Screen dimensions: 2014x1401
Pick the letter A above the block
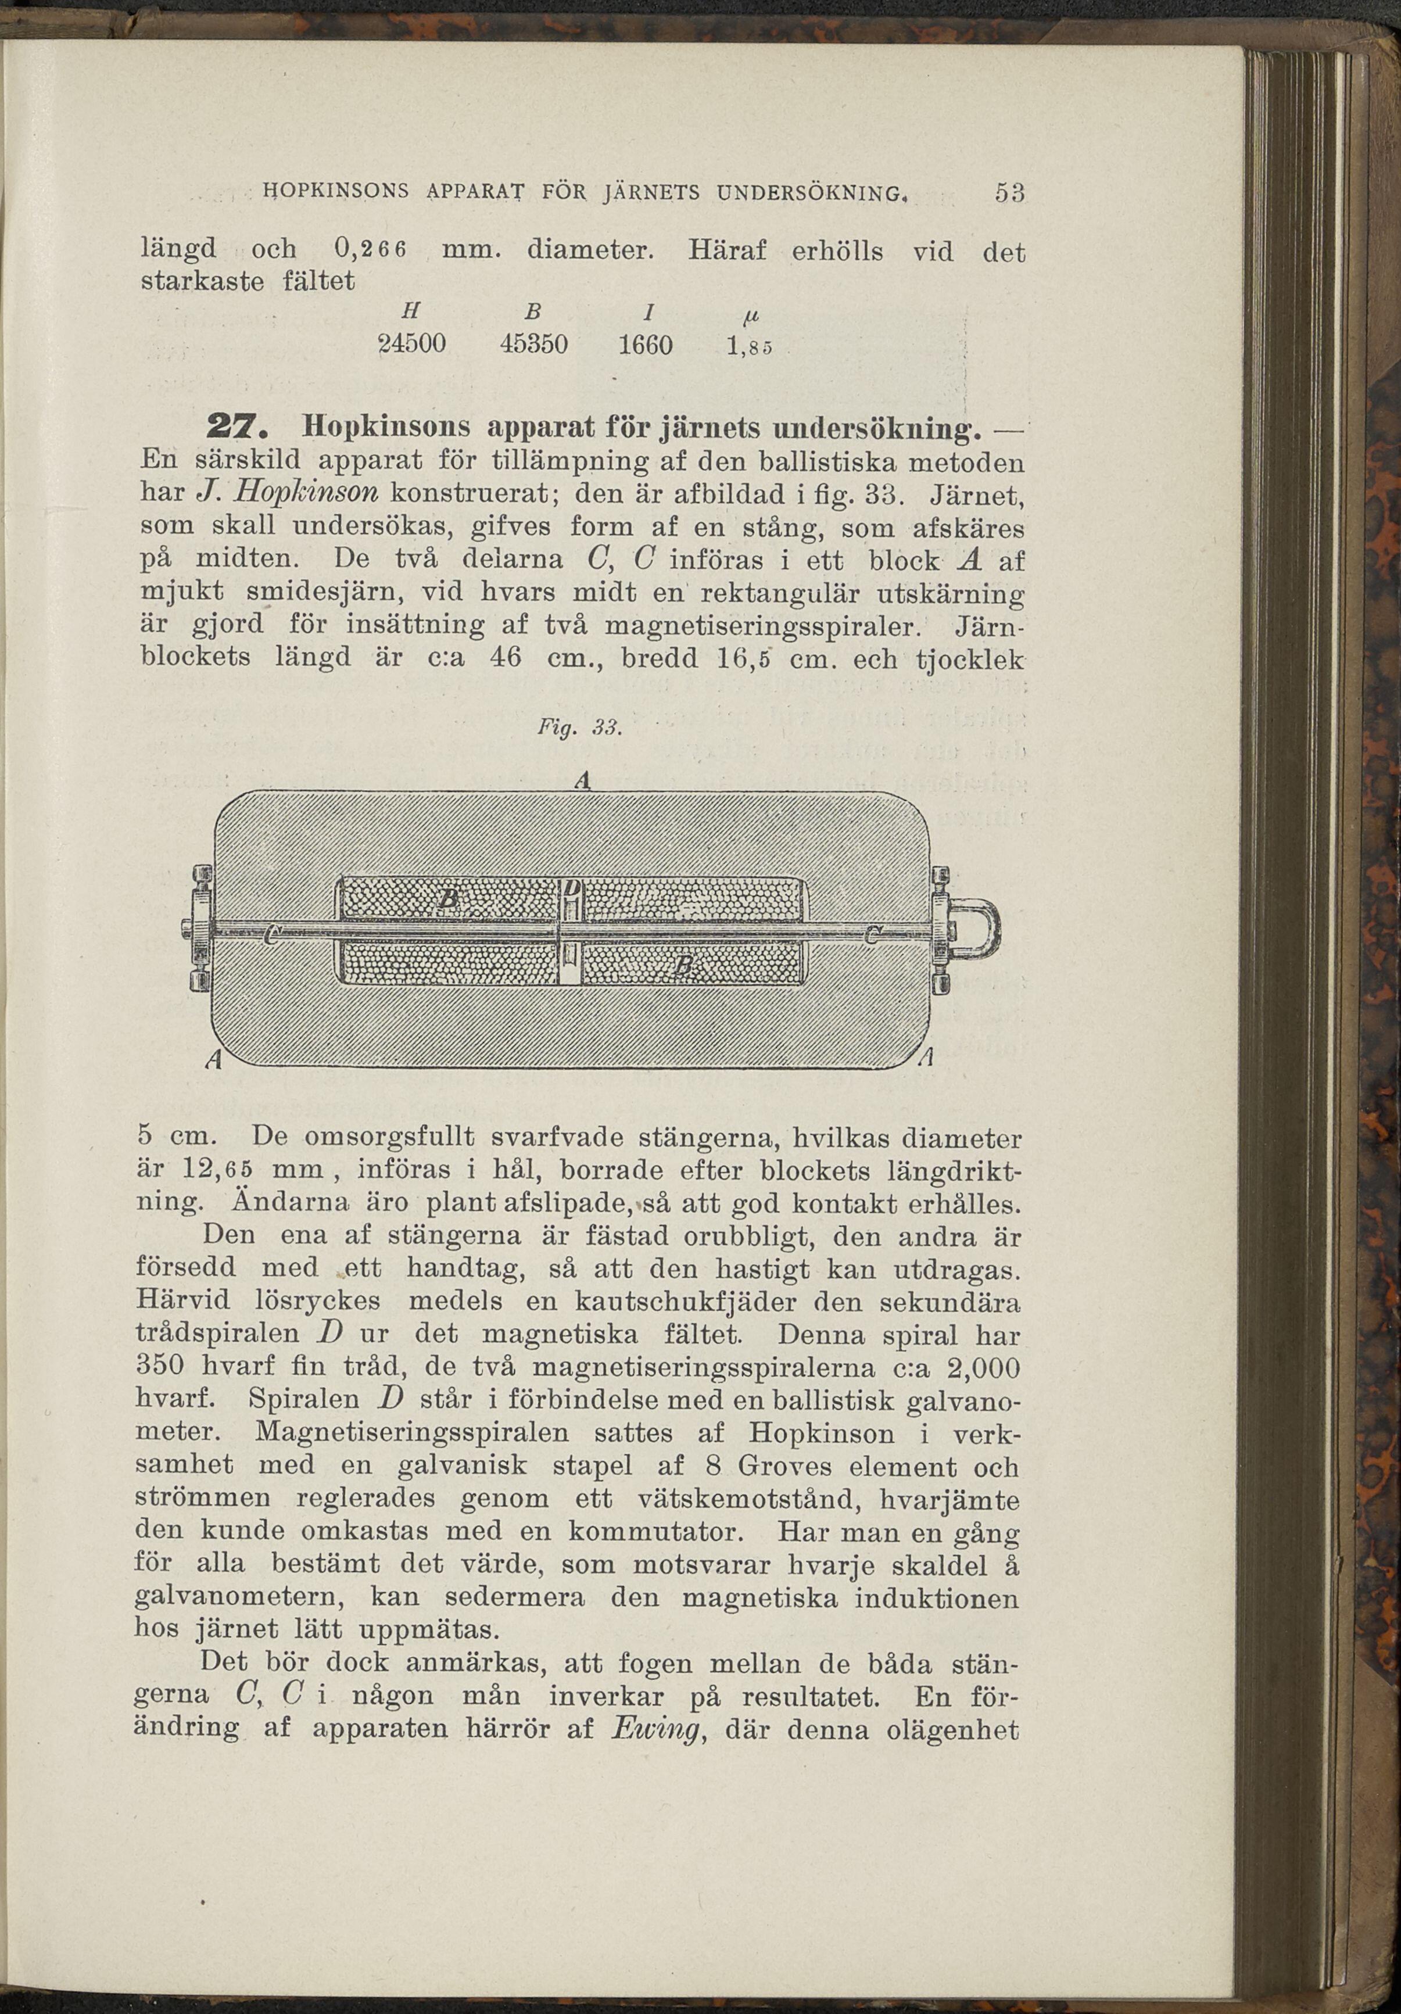pos(580,780)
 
